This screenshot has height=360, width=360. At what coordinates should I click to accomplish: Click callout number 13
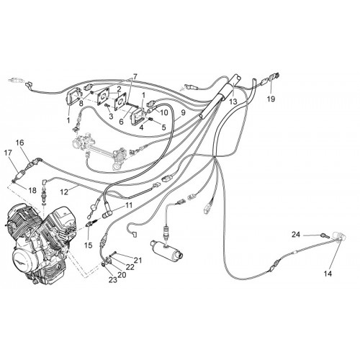233,102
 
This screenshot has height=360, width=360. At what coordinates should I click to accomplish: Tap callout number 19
271,99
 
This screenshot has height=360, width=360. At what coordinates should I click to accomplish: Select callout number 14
328,274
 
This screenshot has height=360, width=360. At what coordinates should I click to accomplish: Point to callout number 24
296,234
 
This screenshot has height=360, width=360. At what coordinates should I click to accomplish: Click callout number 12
65,192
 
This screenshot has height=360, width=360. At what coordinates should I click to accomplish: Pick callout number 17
8,153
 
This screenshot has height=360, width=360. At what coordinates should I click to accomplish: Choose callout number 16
20,143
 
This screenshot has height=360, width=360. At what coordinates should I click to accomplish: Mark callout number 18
32,190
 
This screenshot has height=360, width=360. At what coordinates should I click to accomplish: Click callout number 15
89,246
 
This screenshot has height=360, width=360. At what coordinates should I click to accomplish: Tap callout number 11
128,205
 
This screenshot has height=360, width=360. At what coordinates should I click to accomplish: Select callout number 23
113,279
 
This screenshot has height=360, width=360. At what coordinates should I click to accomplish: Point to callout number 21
138,260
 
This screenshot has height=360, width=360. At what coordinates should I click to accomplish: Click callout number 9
183,112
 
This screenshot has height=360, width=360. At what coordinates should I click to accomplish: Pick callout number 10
164,112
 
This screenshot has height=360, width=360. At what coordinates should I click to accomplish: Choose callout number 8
81,104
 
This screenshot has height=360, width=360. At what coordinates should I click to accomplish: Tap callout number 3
111,117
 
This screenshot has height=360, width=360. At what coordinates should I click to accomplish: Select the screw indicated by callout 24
324,235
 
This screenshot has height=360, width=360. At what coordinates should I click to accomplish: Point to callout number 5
163,127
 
